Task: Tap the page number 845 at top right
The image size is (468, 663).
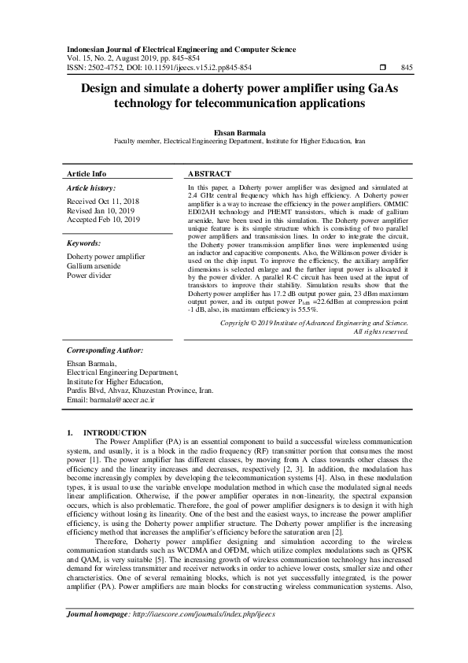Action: [x=407, y=68]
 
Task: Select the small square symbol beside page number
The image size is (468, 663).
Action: [x=382, y=68]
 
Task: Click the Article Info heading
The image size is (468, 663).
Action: [x=87, y=173]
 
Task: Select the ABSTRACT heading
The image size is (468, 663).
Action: [x=209, y=173]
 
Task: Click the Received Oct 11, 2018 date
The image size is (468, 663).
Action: [x=102, y=202]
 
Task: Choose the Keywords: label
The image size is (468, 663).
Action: [x=84, y=244]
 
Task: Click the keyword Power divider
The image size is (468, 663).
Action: [x=90, y=276]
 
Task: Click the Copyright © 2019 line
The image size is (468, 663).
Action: [x=314, y=345]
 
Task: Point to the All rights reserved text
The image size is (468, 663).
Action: [x=381, y=354]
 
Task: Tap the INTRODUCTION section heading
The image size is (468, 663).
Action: [x=114, y=432]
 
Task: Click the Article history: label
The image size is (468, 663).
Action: [x=91, y=189]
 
